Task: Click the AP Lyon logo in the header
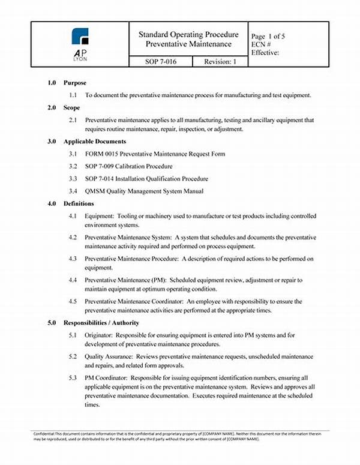tap(80, 44)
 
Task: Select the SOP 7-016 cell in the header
tap(161, 62)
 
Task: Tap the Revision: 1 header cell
tap(220, 62)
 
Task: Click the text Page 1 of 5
tap(268, 36)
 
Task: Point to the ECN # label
tap(262, 44)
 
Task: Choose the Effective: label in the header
tap(266, 52)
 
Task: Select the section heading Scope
tap(73, 107)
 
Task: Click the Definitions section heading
tap(79, 203)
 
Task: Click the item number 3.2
tap(73, 166)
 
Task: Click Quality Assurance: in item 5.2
tap(108, 356)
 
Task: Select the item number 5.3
tap(73, 378)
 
